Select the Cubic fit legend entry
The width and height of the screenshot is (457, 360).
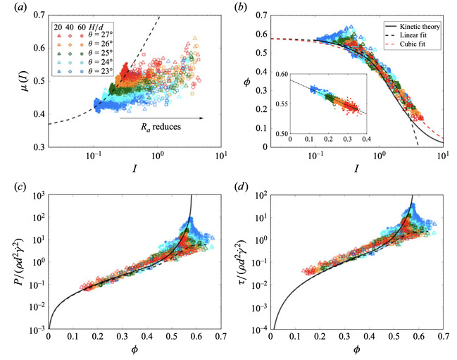tap(406, 44)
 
